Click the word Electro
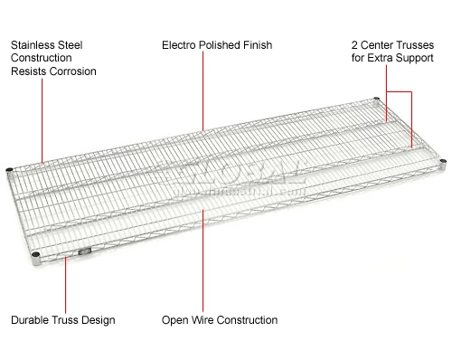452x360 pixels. tap(180, 43)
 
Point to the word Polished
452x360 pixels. tap(222, 43)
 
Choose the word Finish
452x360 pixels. tap(259, 43)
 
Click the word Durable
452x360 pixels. tap(32, 320)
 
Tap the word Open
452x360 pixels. tap(175, 320)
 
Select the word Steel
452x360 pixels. tap(75, 43)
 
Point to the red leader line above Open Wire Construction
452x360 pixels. tap(203, 262)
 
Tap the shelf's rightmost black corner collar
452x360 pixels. tap(443, 162)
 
